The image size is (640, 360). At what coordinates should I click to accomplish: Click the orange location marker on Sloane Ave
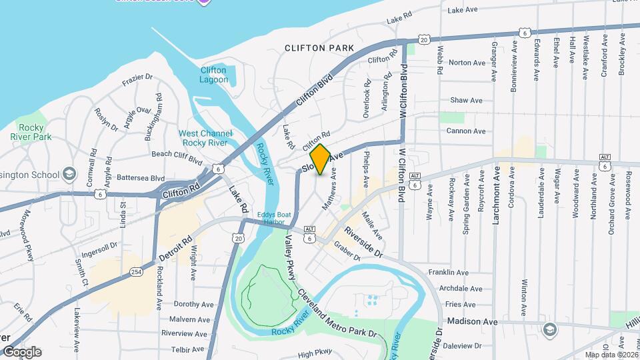tap(320, 159)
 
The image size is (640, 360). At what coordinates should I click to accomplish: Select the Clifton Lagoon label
tap(213, 75)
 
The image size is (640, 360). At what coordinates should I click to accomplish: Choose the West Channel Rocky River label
tap(205, 138)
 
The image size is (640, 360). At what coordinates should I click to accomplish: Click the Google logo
tap(21, 352)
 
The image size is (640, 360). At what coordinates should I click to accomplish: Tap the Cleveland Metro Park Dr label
tap(337, 313)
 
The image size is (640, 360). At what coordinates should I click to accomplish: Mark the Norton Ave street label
tap(467, 63)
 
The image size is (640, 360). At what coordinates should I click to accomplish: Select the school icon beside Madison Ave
tap(549, 329)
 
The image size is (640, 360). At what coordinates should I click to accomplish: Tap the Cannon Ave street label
tap(465, 131)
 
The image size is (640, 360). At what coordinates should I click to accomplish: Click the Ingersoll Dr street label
tap(99, 245)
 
